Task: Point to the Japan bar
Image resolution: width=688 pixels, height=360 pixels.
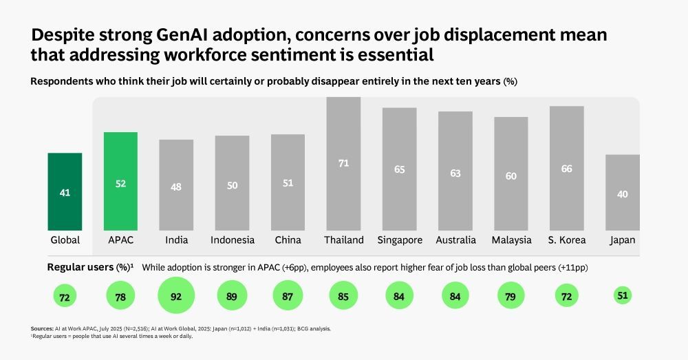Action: (x=622, y=192)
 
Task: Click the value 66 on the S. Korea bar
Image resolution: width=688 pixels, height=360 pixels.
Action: (x=566, y=169)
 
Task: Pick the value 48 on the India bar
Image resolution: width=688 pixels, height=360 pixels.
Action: (x=176, y=187)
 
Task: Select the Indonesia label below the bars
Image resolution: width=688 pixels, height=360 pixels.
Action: (x=232, y=240)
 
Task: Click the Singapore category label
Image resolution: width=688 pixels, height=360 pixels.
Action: (x=399, y=240)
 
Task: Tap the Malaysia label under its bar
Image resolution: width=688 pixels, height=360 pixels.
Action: (x=511, y=240)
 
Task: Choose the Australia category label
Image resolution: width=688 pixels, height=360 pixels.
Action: (x=455, y=240)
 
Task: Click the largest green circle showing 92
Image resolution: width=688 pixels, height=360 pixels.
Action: (x=176, y=297)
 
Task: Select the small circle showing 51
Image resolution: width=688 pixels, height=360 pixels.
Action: (x=622, y=296)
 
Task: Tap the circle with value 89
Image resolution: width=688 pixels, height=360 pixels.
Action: (x=232, y=297)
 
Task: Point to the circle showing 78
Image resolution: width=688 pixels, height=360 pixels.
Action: (x=120, y=297)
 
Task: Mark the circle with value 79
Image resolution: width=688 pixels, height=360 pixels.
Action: (x=511, y=297)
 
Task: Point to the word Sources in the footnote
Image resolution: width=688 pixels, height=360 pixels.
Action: (x=43, y=329)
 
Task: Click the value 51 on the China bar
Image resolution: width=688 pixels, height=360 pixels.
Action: (x=288, y=183)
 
